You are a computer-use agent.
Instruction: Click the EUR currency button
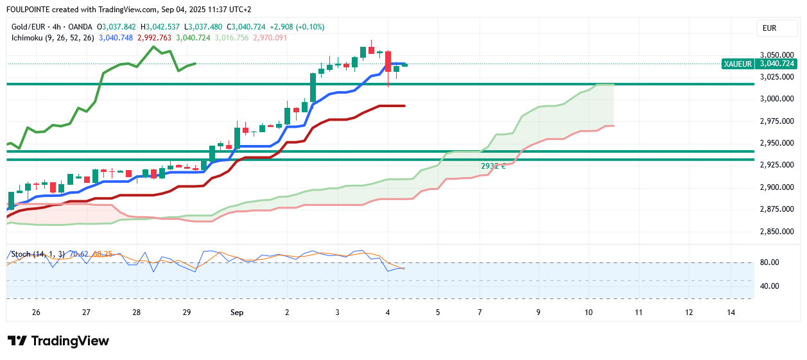[x=769, y=28]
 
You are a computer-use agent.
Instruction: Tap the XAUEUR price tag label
[x=737, y=64]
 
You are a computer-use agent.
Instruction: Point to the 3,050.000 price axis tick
[x=777, y=55]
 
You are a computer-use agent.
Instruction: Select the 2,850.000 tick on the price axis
[x=777, y=231]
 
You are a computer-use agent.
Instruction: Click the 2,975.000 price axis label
[x=777, y=121]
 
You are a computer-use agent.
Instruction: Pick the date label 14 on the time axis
[x=731, y=313]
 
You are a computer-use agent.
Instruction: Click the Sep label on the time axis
[x=237, y=313]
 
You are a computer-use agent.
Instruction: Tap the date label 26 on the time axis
[x=36, y=313]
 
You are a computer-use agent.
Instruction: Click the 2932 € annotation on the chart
[x=493, y=166]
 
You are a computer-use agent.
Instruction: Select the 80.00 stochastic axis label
[x=769, y=262]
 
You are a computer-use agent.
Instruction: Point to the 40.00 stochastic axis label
[x=769, y=286]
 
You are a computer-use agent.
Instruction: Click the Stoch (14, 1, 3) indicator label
[x=39, y=254]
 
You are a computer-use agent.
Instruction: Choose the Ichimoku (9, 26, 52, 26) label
[x=53, y=38]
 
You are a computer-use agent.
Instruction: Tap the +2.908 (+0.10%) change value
[x=298, y=27]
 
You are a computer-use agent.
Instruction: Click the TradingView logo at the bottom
[x=58, y=341]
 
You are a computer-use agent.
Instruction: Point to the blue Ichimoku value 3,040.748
[x=116, y=38]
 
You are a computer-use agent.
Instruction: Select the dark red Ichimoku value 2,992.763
[x=154, y=38]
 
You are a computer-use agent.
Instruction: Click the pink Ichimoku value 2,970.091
[x=270, y=38]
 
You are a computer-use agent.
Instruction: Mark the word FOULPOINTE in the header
[x=28, y=10]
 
